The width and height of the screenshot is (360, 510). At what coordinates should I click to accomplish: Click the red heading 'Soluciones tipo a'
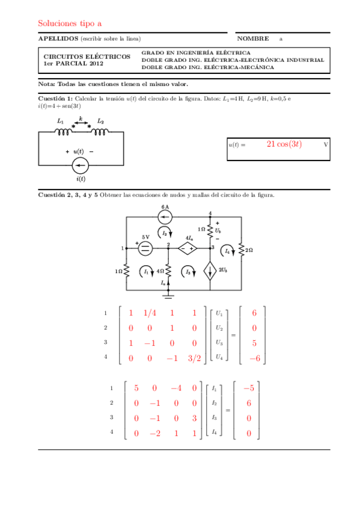point(70,23)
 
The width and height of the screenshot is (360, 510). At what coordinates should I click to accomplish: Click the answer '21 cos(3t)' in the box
point(284,144)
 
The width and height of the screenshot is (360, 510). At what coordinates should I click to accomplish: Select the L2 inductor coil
point(100,131)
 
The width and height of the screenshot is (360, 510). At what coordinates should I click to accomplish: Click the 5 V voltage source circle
point(145,247)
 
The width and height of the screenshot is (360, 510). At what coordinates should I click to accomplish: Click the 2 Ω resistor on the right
point(240,248)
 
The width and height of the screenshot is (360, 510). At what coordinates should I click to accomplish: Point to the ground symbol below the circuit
point(169,295)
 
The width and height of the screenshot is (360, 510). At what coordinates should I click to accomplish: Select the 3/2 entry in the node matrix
point(194,358)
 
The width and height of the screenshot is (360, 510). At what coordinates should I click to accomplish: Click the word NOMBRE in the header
point(252,38)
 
